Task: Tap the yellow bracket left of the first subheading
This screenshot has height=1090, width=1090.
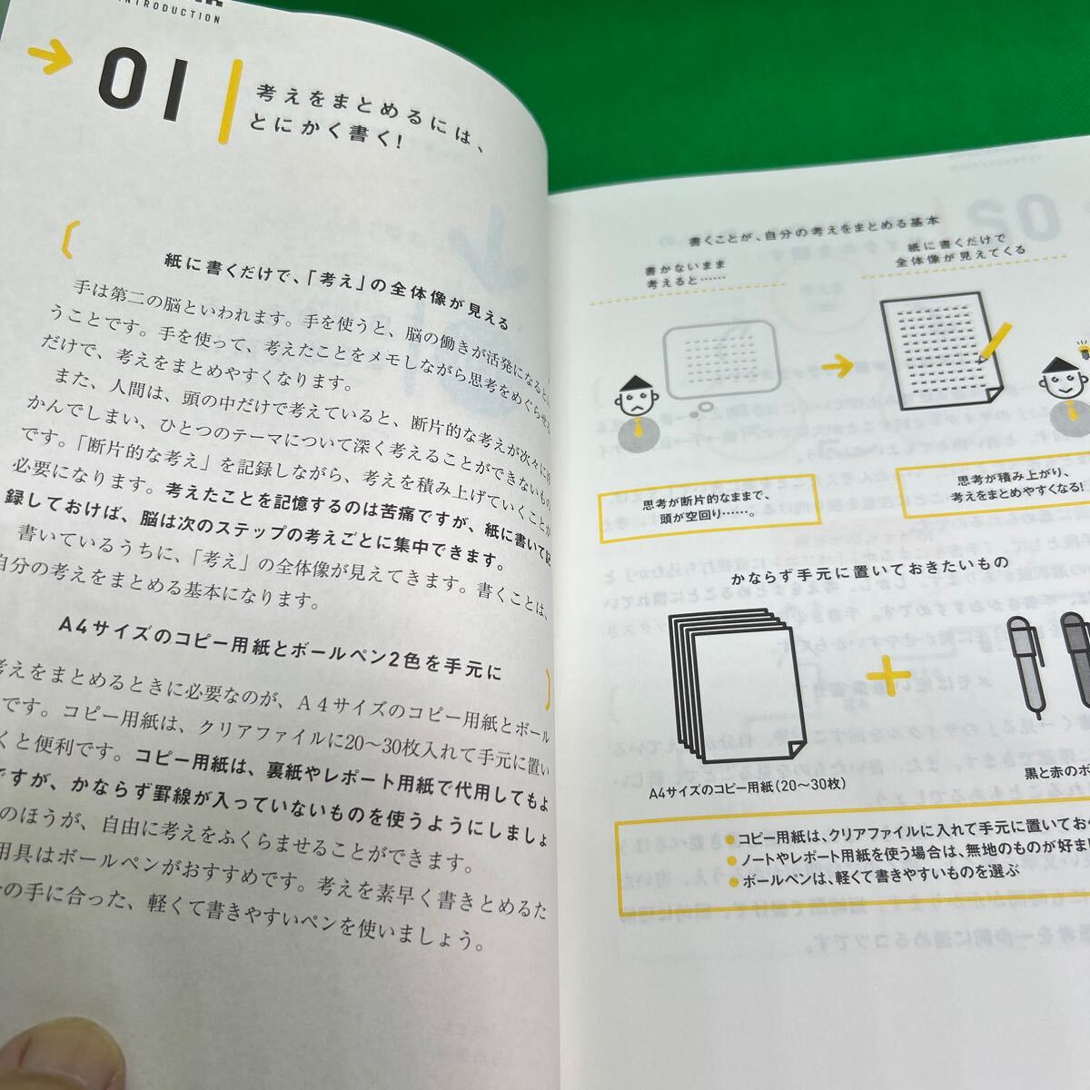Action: coord(65,235)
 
